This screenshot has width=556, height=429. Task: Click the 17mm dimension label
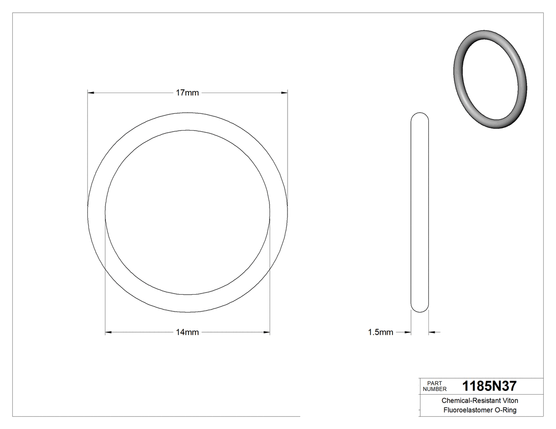pyautogui.click(x=187, y=93)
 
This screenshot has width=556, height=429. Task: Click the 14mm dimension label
pyautogui.click(x=187, y=332)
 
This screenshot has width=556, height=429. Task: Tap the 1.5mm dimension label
pyautogui.click(x=381, y=332)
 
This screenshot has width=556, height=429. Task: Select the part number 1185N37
pyautogui.click(x=489, y=386)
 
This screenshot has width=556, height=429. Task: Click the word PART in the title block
pyautogui.click(x=434, y=383)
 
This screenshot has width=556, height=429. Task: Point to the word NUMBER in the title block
pyautogui.click(x=435, y=389)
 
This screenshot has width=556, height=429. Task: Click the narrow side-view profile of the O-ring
pyautogui.click(x=420, y=212)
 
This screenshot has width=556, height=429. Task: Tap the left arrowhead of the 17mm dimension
pyautogui.click(x=91, y=93)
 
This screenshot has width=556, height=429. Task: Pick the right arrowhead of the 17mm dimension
pyautogui.click(x=284, y=93)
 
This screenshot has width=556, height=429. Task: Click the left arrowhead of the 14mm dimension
pyautogui.click(x=109, y=332)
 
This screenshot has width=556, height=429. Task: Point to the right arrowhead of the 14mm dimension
pyautogui.click(x=267, y=332)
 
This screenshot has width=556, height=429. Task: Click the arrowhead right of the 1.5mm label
pyautogui.click(x=408, y=332)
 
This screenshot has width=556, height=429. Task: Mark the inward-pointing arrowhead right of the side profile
pyautogui.click(x=432, y=332)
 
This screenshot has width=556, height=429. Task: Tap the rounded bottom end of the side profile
pyautogui.click(x=420, y=308)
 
